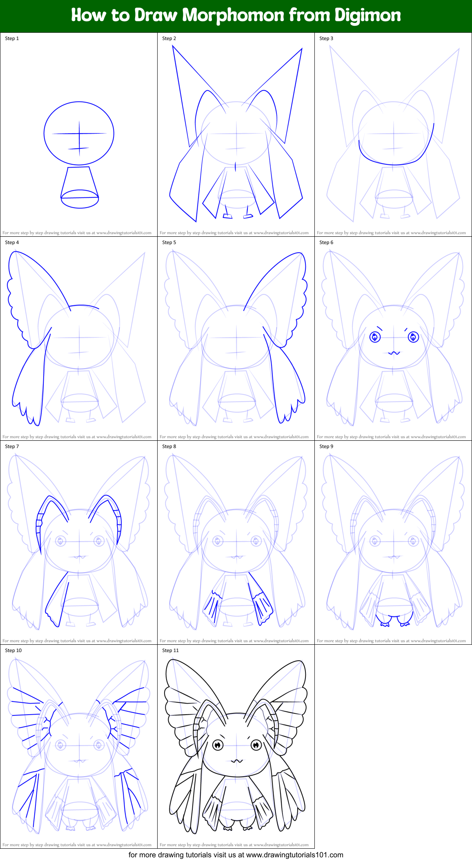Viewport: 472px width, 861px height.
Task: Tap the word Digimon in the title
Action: pyautogui.click(x=367, y=16)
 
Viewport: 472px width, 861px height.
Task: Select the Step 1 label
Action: pyautogui.click(x=12, y=38)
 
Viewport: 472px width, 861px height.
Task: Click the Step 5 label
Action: pyautogui.click(x=169, y=242)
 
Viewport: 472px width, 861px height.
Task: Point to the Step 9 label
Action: pyautogui.click(x=326, y=446)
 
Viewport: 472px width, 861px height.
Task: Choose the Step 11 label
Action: pyautogui.click(x=170, y=650)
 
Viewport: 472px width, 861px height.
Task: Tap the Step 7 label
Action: pyautogui.click(x=12, y=446)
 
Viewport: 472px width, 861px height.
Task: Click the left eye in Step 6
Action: pyautogui.click(x=375, y=337)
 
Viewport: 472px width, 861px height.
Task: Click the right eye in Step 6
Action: pyautogui.click(x=413, y=337)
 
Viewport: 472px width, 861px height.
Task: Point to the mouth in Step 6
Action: pyautogui.click(x=394, y=352)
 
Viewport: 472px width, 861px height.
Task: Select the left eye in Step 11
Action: pyautogui.click(x=218, y=745)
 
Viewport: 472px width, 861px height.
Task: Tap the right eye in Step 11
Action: pyautogui.click(x=256, y=745)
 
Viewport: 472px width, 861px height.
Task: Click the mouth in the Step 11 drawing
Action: pyautogui.click(x=237, y=761)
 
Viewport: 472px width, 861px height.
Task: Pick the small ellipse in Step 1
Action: pyautogui.click(x=80, y=199)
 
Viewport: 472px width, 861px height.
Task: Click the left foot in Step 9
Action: pyautogui.click(x=385, y=623)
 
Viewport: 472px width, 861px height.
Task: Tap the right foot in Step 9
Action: pyautogui.click(x=404, y=623)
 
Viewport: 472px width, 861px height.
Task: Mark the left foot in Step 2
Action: pyautogui.click(x=227, y=215)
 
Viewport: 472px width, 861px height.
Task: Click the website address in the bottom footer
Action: pyautogui.click(x=294, y=855)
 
